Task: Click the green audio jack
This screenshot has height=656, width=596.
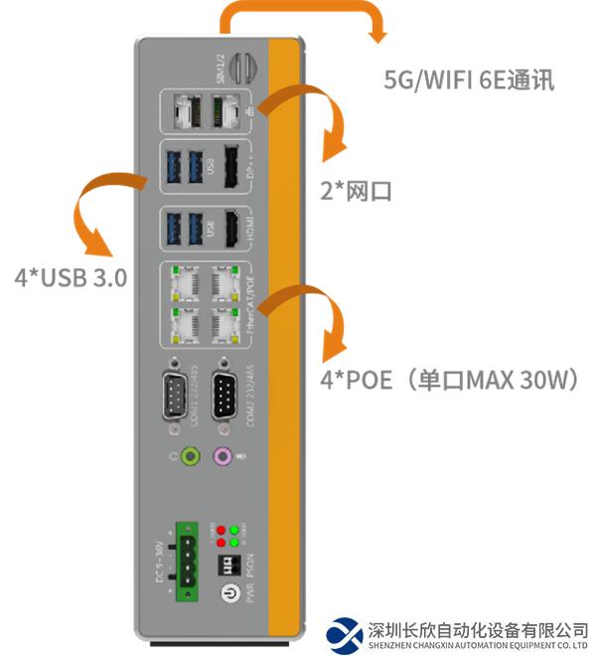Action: pyautogui.click(x=189, y=456)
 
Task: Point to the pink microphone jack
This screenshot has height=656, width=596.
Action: pyautogui.click(x=224, y=456)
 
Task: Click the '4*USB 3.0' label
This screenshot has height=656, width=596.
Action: pyautogui.click(x=70, y=277)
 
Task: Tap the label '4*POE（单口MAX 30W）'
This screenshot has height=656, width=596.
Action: pyautogui.click(x=449, y=380)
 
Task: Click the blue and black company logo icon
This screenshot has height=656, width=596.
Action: pyautogui.click(x=345, y=633)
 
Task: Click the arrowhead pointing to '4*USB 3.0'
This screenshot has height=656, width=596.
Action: pyautogui.click(x=95, y=245)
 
